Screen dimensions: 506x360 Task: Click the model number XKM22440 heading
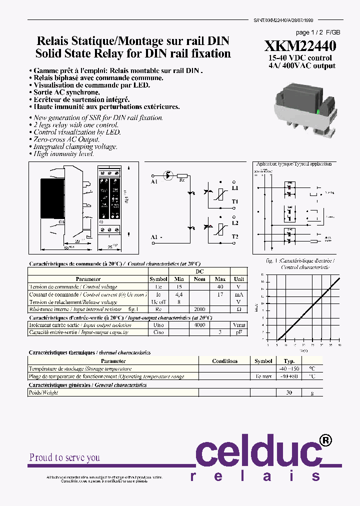coord(300,46)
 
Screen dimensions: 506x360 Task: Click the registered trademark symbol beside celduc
coord(324,440)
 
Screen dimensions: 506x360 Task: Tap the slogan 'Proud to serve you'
coord(64,457)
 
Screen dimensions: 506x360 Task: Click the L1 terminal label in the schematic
coord(235,188)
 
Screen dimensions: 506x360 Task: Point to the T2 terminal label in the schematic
coord(235,236)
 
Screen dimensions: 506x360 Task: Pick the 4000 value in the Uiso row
coord(200,325)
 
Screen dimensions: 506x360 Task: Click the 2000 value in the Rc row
coord(200,309)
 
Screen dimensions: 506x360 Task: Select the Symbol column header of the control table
coord(158,279)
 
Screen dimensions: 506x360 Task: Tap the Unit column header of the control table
coord(239,279)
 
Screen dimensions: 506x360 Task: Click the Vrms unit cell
coord(239,325)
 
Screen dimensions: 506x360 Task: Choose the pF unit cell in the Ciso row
coord(239,332)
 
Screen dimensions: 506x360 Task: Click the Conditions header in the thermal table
coord(224,361)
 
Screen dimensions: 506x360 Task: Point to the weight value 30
coord(289,393)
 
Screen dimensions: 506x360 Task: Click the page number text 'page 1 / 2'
coord(310,31)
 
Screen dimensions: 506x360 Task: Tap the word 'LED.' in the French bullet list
coord(141,85)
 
